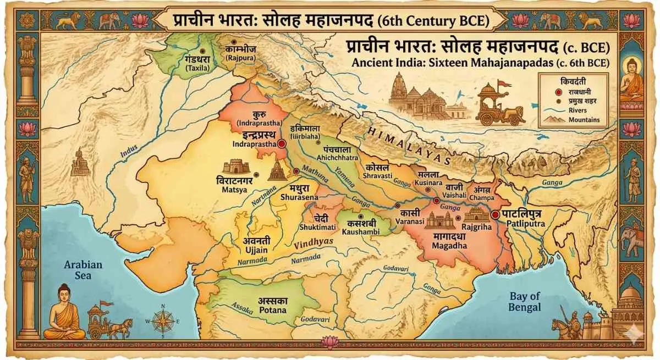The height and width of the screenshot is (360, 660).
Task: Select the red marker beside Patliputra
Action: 496,215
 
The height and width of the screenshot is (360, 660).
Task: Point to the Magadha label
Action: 448,246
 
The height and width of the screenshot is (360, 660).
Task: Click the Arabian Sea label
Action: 83,269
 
